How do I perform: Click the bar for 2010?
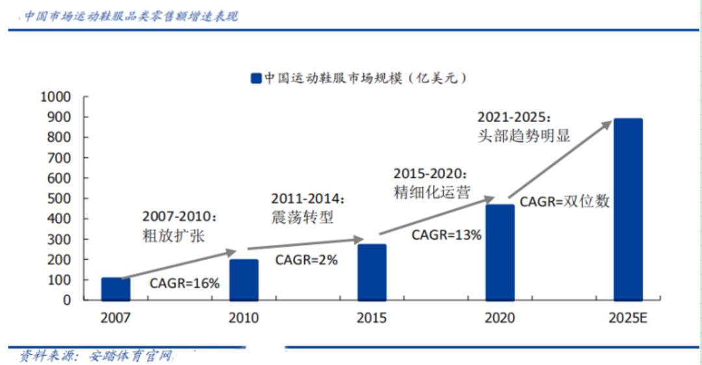(x=244, y=280)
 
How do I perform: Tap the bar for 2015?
(x=372, y=272)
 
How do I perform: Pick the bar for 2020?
(x=500, y=253)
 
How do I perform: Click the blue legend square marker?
(x=255, y=79)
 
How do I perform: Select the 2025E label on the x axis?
(x=628, y=318)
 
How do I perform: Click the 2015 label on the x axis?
(x=372, y=318)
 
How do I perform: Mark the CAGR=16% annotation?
(x=185, y=283)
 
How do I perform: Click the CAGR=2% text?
(x=306, y=260)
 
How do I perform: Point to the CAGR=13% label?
(x=447, y=235)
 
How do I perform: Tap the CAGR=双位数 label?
(x=564, y=201)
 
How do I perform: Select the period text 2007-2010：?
(x=179, y=216)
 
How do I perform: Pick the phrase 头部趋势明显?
(x=523, y=136)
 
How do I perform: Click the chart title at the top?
(x=131, y=16)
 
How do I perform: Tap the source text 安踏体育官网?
(x=133, y=356)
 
